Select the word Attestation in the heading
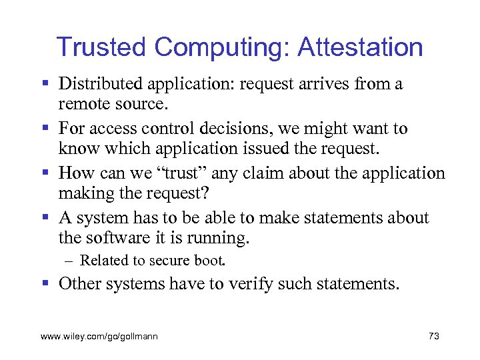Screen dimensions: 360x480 point(360,47)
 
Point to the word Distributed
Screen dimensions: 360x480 point(101,84)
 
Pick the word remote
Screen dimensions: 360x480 point(82,105)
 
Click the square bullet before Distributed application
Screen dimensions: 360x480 point(46,85)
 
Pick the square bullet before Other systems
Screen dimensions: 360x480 point(46,284)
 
